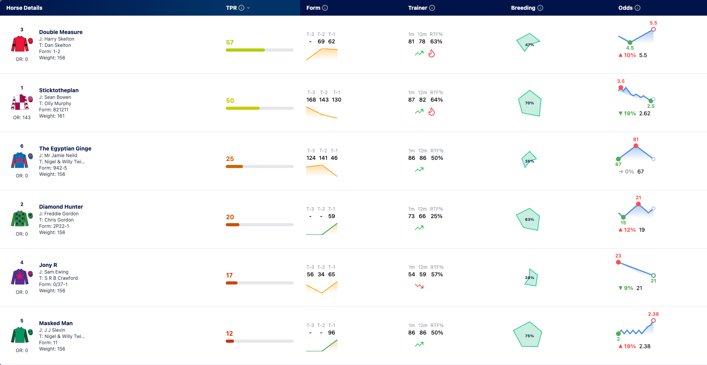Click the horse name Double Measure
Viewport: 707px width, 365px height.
[x=61, y=32]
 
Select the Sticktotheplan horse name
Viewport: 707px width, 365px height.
[x=59, y=90]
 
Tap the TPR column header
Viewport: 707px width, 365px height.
[x=231, y=8]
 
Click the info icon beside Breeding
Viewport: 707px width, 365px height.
[x=540, y=8]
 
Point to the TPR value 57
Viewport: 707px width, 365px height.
[x=230, y=42]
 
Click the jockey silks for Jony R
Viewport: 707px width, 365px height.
[x=20, y=277]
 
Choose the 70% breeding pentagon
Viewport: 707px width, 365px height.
[x=530, y=103]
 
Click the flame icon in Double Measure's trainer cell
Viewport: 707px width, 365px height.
[x=432, y=53]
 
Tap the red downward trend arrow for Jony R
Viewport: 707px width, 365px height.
[x=419, y=286]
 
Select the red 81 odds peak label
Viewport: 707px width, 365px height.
[x=636, y=140]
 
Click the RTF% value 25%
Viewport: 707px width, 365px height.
[x=436, y=216]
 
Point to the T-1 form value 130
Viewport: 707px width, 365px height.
[x=336, y=100]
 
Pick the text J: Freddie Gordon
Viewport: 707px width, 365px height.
[x=59, y=214]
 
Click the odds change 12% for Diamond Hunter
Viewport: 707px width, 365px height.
[x=630, y=230]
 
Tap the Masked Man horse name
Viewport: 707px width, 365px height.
[x=56, y=323]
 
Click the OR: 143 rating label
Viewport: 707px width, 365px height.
[x=22, y=118]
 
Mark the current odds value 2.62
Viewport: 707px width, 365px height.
[x=645, y=113]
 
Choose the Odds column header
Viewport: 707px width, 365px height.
[x=625, y=8]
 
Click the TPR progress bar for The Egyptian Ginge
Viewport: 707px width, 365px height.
[x=260, y=166]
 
